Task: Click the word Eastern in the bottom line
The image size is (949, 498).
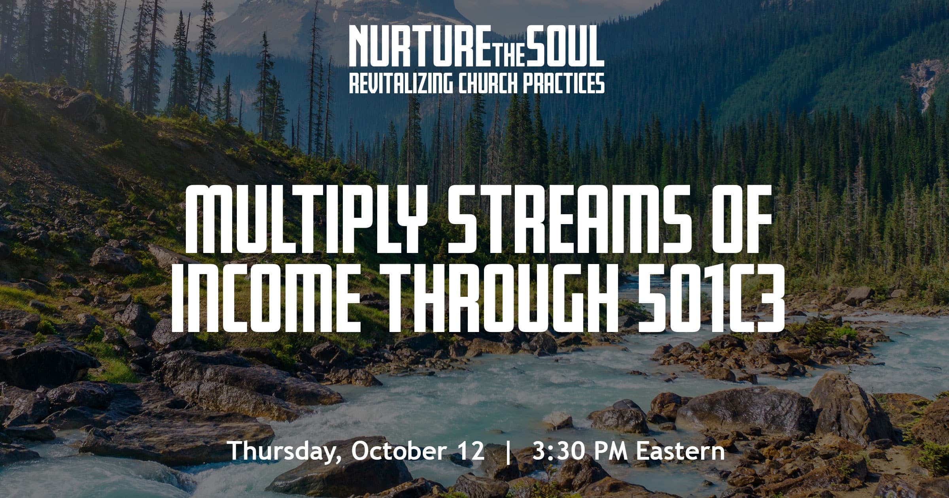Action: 681,451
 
